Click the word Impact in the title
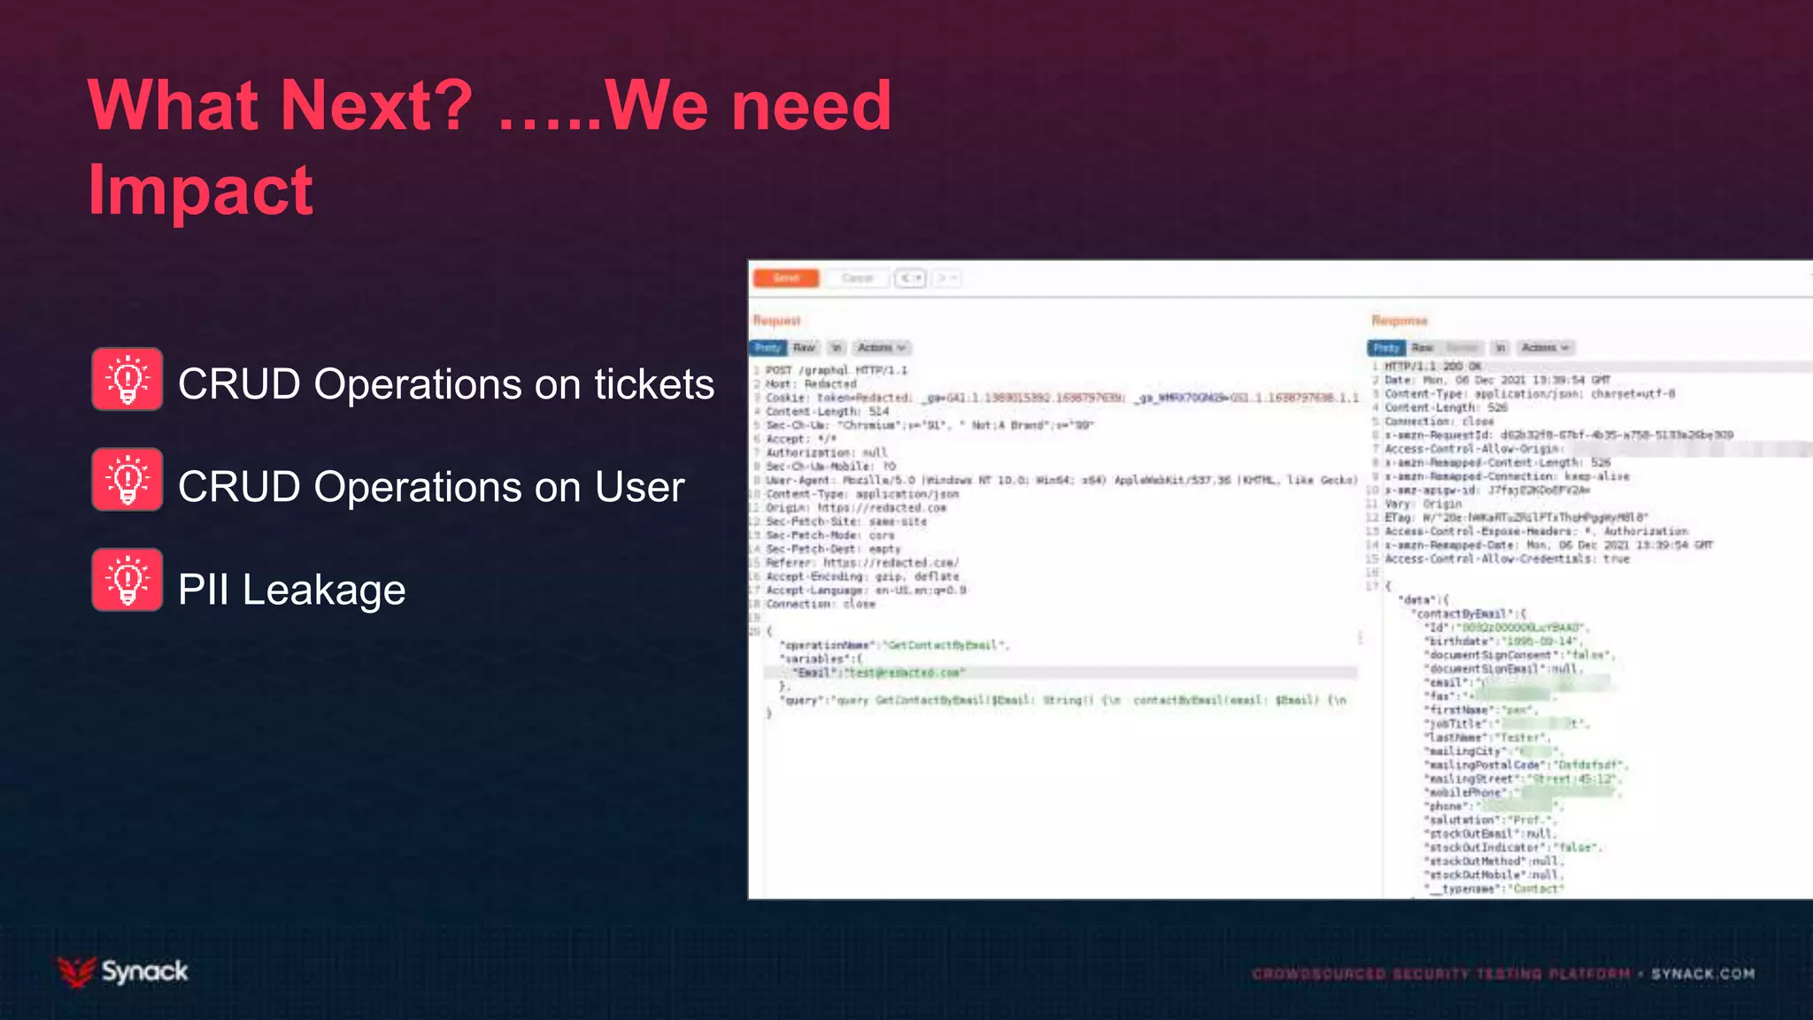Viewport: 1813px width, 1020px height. tap(200, 190)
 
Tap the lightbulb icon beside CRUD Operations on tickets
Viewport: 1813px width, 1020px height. tap(127, 379)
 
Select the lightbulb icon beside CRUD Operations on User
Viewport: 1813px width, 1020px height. tap(127, 480)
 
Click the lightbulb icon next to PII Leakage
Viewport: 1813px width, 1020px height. tap(127, 580)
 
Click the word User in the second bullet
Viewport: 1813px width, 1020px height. tap(639, 487)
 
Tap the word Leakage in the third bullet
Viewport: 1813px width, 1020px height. tap(324, 590)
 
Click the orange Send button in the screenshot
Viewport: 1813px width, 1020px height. tap(785, 278)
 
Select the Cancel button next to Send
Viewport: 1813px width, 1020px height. tap(856, 278)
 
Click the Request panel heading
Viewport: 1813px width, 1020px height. tap(776, 321)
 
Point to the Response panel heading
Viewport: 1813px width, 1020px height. tap(1399, 321)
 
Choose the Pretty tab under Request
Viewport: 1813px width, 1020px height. tap(768, 348)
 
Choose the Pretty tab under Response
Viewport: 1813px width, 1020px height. tap(1386, 348)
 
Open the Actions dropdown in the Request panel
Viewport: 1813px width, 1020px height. tap(881, 348)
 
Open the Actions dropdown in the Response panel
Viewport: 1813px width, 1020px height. tap(1545, 348)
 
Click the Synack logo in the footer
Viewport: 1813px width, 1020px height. tap(123, 971)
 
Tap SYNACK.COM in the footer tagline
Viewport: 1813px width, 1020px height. tap(1702, 974)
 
